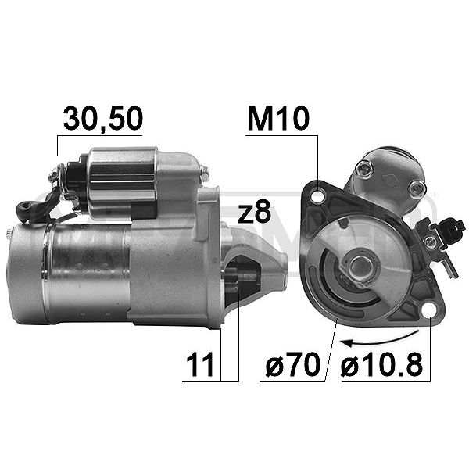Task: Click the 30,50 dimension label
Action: [x=103, y=119]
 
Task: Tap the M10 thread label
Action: [x=277, y=119]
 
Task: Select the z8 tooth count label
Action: [x=254, y=212]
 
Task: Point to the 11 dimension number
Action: [x=200, y=364]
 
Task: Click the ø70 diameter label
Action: [x=293, y=364]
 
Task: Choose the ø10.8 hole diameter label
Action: [x=381, y=364]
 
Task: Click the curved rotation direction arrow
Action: [x=379, y=339]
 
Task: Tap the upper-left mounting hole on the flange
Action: [x=317, y=196]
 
